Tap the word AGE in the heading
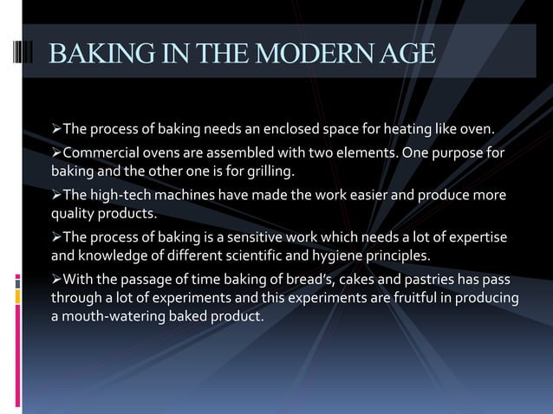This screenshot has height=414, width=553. (406, 53)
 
